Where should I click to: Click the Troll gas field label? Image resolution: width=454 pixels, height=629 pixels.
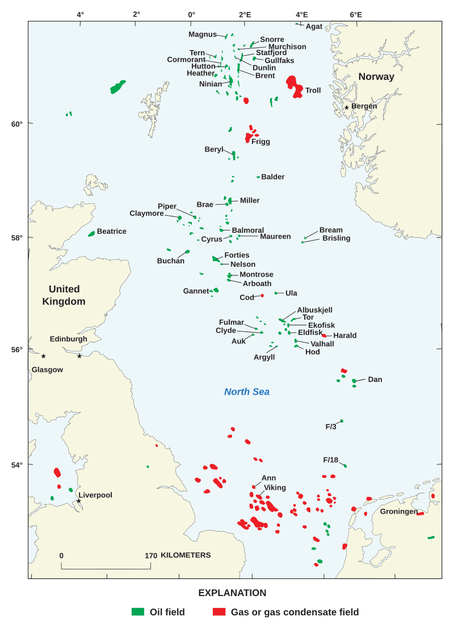tap(313, 90)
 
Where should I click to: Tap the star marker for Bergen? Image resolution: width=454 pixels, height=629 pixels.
tap(347, 107)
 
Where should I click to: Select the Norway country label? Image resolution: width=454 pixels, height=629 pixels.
tap(376, 77)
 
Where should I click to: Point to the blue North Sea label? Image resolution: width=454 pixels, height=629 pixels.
tap(247, 392)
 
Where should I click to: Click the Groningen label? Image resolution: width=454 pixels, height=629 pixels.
tap(399, 511)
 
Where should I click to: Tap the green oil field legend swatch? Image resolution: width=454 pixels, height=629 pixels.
tap(138, 612)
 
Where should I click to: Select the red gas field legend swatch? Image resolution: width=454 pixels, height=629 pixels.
tap(219, 612)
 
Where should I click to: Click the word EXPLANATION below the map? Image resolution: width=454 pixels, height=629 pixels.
tap(232, 593)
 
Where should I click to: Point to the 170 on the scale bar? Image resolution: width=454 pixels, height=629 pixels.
tap(151, 556)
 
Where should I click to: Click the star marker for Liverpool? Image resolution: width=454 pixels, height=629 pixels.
tap(78, 501)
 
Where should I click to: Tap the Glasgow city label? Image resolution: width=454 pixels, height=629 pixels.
tap(47, 370)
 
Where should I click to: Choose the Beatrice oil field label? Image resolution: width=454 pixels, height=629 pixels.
tap(112, 232)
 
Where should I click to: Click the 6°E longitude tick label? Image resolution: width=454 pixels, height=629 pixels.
tap(356, 15)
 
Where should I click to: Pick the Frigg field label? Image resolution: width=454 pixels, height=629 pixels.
tap(260, 142)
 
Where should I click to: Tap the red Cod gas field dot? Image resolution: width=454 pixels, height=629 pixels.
tap(262, 295)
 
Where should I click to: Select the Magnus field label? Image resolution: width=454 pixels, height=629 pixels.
tap(203, 35)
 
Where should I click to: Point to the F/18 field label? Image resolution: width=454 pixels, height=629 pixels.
tap(331, 460)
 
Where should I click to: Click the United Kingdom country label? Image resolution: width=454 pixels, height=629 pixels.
tap(64, 295)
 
